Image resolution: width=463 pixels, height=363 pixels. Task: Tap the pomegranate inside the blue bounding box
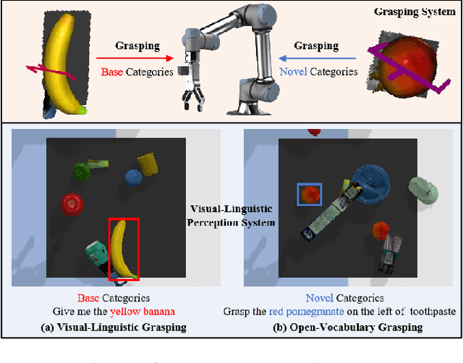point(310,194)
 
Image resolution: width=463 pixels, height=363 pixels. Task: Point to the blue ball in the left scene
point(132,177)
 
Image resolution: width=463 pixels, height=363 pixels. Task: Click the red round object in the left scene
point(72,204)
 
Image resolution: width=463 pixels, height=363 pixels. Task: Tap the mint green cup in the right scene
point(422,191)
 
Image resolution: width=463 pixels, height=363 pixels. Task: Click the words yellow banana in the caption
point(142,312)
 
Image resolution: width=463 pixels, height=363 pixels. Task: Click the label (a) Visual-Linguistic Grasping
point(114,327)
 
